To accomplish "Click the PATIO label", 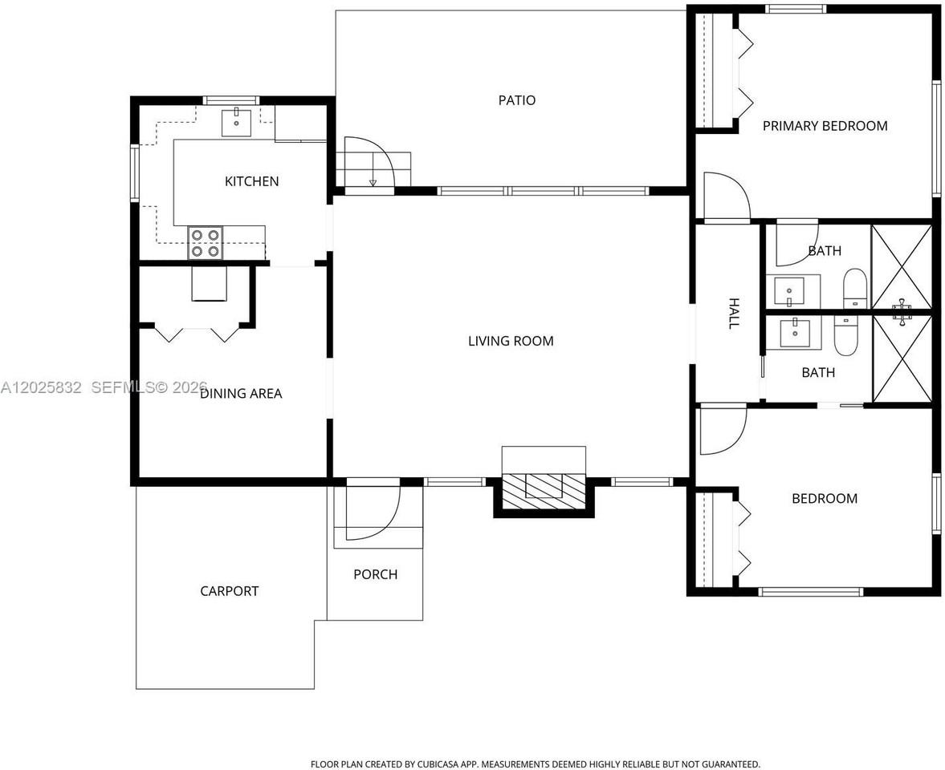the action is click(x=516, y=100).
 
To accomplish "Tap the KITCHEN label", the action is click(x=251, y=181).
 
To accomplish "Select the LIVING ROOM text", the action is click(x=511, y=341).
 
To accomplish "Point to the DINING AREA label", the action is click(x=241, y=393).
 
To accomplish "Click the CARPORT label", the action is click(x=229, y=591).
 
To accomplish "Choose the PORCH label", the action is click(x=376, y=574).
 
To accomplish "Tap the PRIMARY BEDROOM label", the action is click(x=825, y=126).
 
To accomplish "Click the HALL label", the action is click(x=734, y=313).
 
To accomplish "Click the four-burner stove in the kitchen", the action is click(x=205, y=242).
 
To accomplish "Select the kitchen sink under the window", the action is click(x=236, y=122).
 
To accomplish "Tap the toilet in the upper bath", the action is click(x=854, y=289).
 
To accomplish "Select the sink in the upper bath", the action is click(x=789, y=291).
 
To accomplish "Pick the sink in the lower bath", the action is click(x=795, y=333).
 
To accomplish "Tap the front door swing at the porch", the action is click(x=373, y=512).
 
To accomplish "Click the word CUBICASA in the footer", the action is click(x=437, y=764).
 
